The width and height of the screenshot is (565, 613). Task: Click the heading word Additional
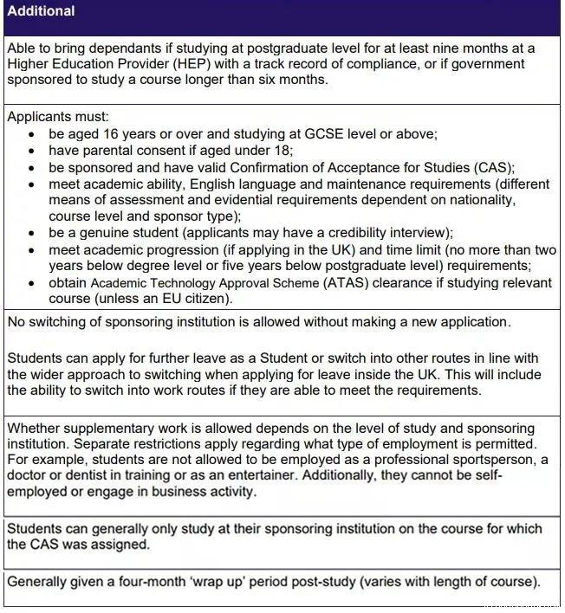[x=41, y=11]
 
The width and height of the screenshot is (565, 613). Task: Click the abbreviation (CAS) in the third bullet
[x=496, y=167]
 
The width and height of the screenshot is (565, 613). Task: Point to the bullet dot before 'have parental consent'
[x=32, y=152]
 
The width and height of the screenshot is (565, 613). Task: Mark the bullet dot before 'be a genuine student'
[x=32, y=234]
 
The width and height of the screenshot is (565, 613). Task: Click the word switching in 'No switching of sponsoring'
[x=59, y=322]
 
